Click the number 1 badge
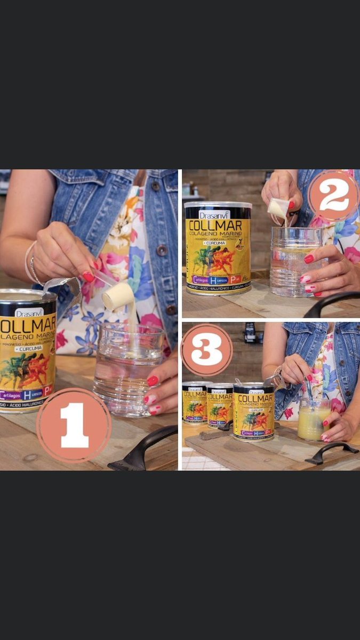(x=74, y=425)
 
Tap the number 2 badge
(x=333, y=196)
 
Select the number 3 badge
(x=206, y=350)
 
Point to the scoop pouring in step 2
(x=279, y=208)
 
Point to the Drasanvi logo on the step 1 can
(x=29, y=313)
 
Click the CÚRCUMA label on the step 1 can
(x=28, y=348)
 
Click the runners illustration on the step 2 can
(x=217, y=260)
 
